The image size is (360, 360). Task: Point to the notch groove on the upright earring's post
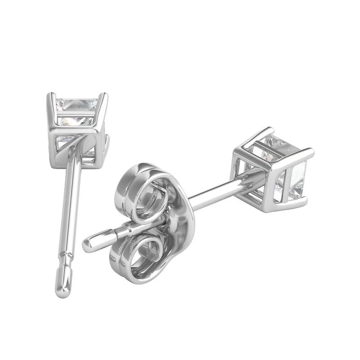click(68, 256)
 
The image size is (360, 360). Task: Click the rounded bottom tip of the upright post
click(63, 292)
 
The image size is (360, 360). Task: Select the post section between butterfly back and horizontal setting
click(211, 191)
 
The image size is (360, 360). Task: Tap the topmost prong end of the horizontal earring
click(270, 129)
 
